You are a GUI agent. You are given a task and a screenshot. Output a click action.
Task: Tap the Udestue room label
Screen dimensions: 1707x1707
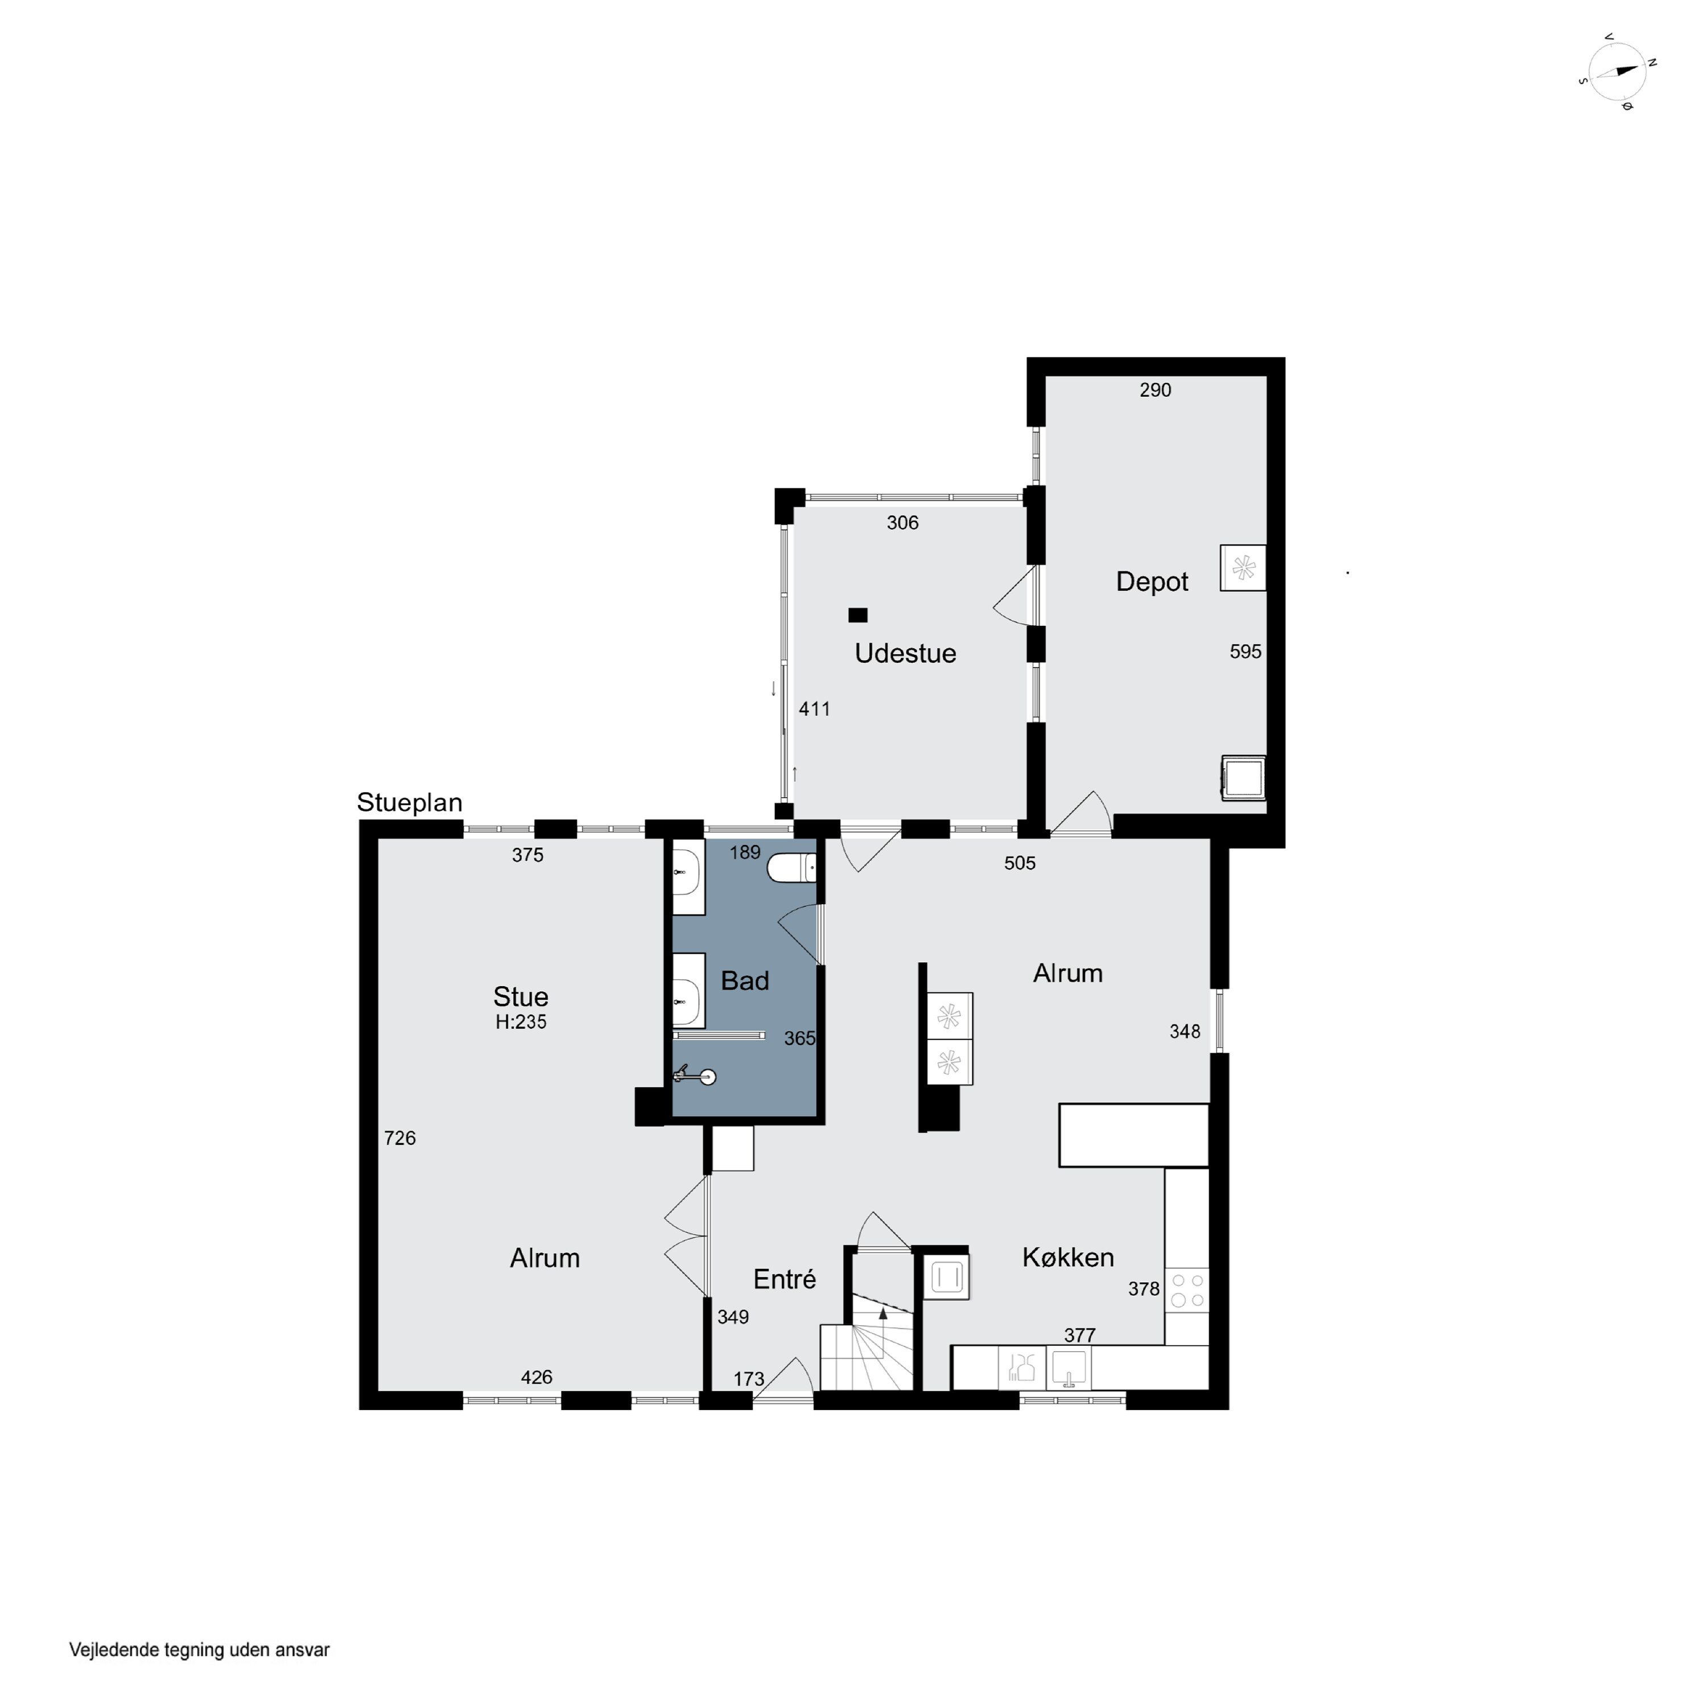906,654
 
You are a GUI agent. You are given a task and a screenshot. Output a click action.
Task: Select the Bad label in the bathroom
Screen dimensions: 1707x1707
745,981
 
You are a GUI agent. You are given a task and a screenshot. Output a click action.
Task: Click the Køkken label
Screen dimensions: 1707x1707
1067,1257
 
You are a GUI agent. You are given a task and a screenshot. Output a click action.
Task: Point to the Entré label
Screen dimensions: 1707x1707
785,1279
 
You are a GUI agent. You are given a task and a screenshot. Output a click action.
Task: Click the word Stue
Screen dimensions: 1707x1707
521,997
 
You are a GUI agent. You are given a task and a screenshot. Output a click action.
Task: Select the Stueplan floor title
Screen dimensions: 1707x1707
409,803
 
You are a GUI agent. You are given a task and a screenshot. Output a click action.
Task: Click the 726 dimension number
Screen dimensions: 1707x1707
399,1138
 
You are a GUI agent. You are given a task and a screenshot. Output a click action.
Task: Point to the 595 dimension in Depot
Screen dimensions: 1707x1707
1245,651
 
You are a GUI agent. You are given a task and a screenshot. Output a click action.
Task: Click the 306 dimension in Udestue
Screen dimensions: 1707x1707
902,523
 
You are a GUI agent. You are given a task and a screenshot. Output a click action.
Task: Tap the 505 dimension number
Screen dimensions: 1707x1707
1020,863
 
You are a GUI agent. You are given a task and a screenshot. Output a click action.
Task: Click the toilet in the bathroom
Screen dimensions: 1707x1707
791,868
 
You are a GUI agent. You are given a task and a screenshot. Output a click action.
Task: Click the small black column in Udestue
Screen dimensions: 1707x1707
857,615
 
